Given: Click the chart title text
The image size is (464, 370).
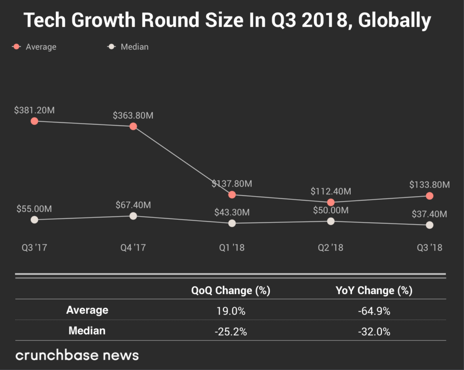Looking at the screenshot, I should tap(227, 20).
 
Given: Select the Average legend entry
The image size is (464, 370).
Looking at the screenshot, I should tap(36, 47).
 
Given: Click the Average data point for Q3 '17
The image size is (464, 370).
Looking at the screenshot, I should tap(34, 121).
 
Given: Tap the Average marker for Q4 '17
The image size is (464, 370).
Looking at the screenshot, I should tap(133, 126).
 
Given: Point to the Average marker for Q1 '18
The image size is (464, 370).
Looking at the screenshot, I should tap(232, 195).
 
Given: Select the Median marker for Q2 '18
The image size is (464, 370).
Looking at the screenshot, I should tap(331, 221).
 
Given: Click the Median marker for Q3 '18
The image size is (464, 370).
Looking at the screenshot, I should tap(430, 225).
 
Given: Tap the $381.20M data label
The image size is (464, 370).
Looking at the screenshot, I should tap(34, 110).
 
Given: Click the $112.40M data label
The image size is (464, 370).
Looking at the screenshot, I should tap(331, 191).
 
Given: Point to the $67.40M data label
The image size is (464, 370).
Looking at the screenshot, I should tap(133, 205).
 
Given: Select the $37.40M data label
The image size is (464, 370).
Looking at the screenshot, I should tap(429, 214).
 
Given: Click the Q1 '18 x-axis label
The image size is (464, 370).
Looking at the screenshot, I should tap(232, 248).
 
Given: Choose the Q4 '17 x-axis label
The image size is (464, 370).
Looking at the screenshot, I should tap(133, 248).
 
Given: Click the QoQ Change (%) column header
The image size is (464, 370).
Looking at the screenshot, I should tap(231, 291).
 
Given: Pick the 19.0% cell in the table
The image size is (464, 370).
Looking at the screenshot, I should tap(231, 311).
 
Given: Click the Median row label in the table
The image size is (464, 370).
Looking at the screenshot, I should tap(87, 331).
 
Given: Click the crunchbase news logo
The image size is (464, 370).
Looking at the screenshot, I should tap(77, 355).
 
